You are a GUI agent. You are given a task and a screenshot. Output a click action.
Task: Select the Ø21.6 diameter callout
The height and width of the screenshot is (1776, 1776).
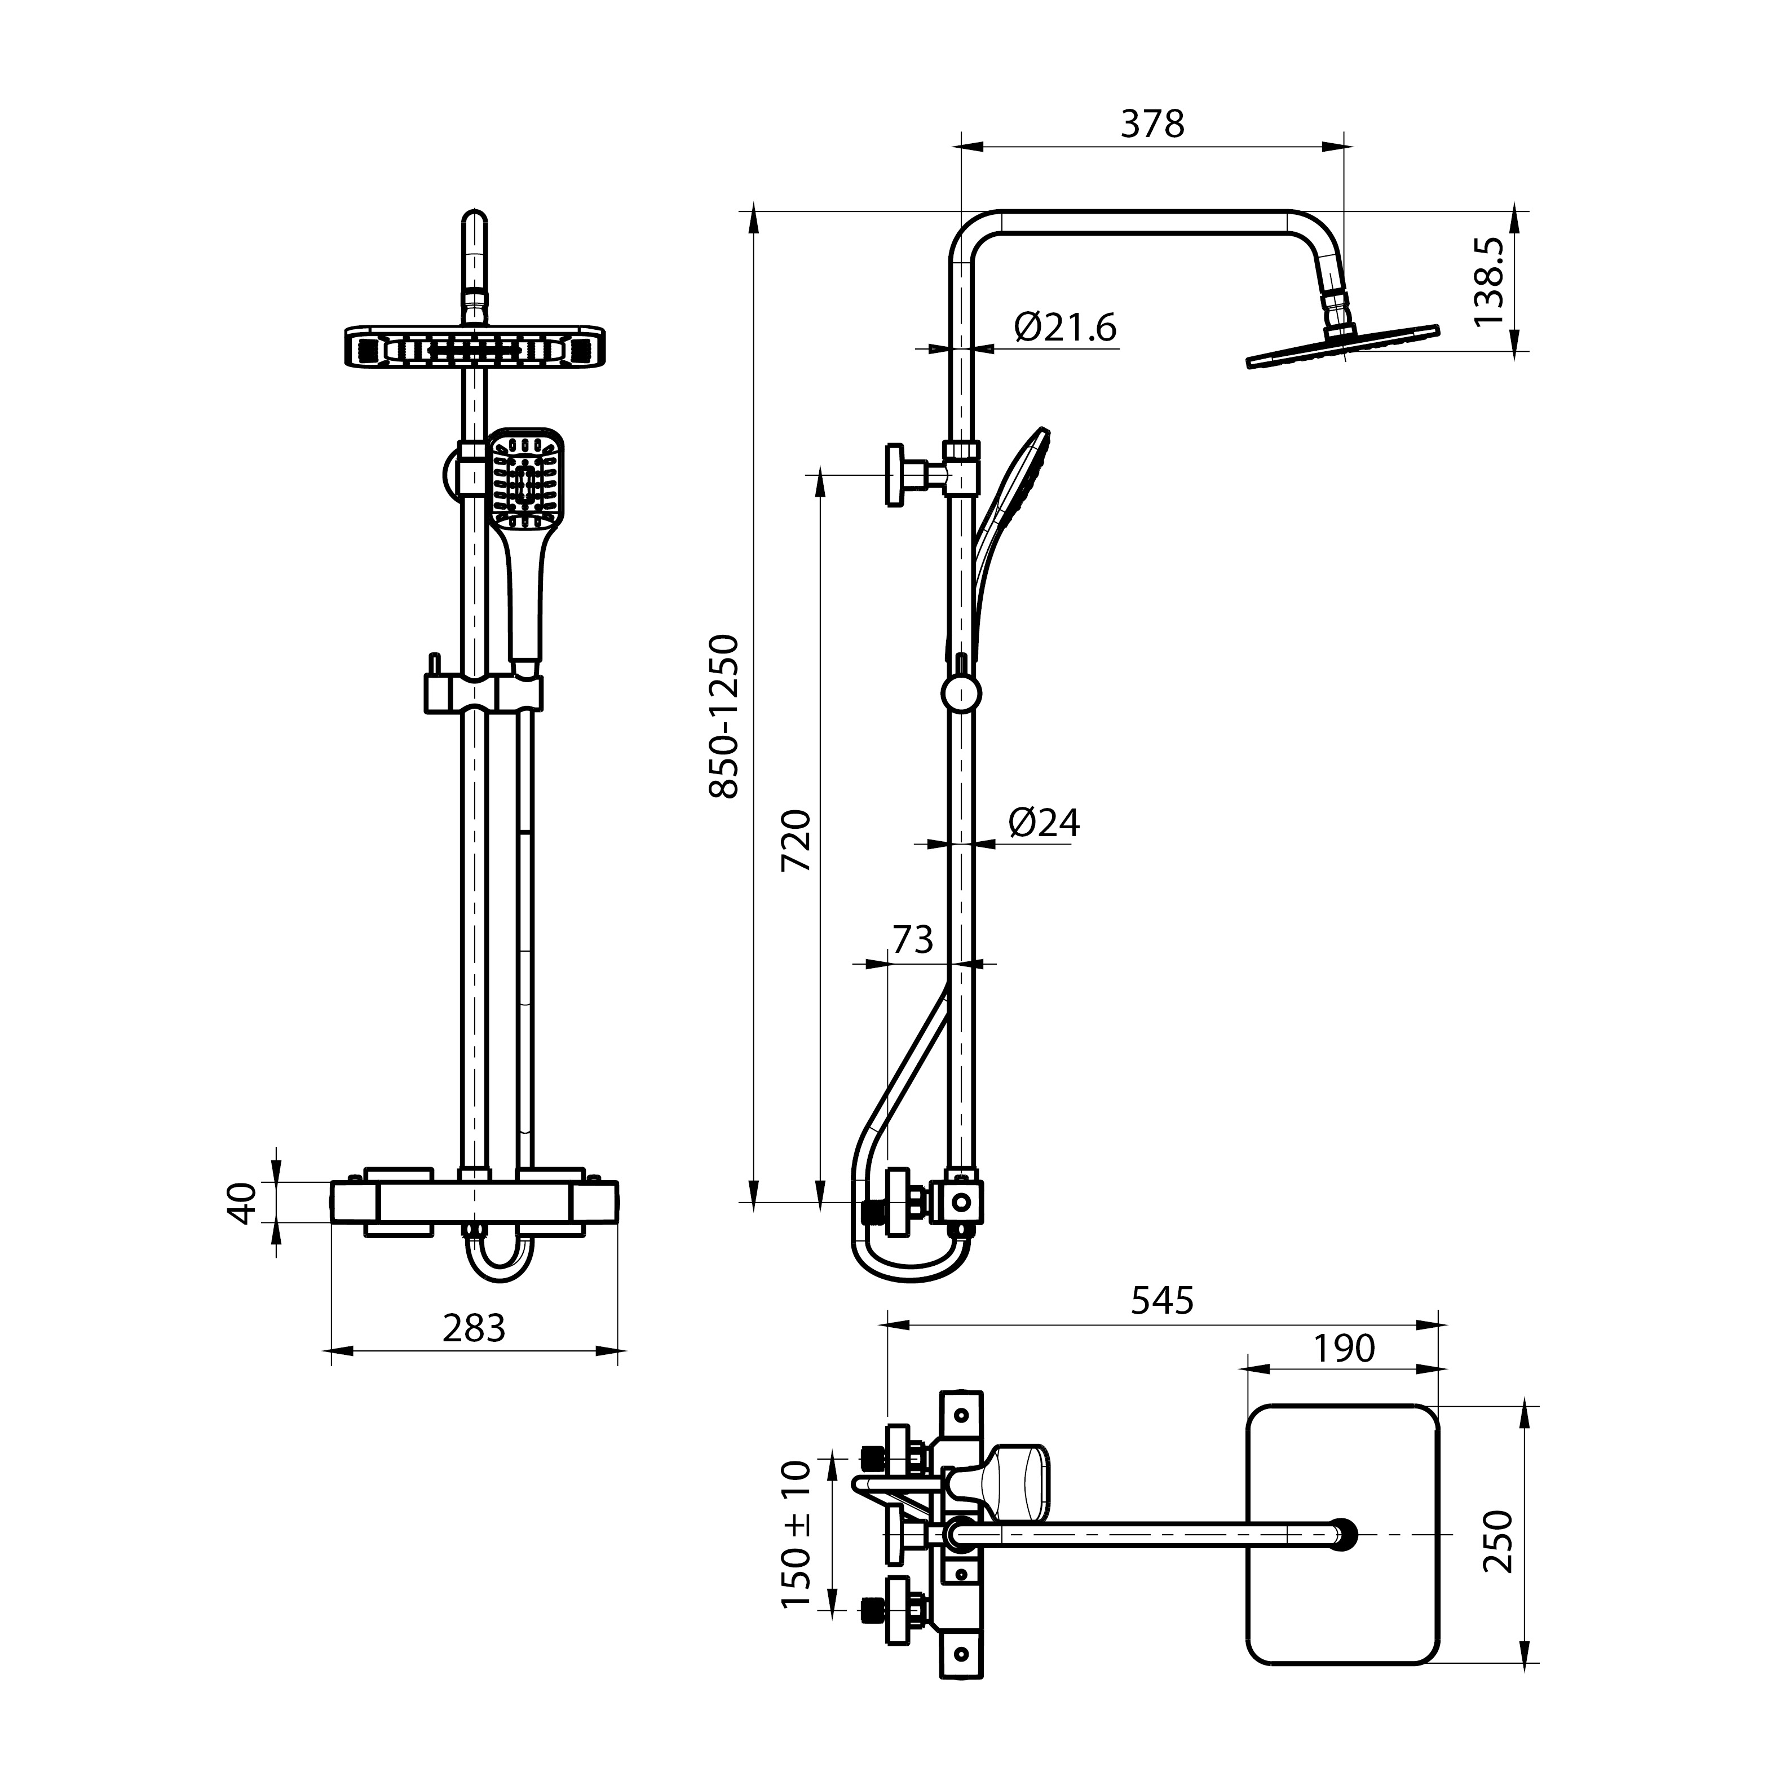[1066, 327]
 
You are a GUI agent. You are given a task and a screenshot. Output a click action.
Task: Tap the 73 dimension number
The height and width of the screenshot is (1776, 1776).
[913, 939]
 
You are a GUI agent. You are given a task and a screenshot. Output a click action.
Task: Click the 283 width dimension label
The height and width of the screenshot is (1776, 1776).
[474, 1327]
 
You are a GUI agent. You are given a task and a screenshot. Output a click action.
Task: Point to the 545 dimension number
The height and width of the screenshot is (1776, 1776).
[1162, 1300]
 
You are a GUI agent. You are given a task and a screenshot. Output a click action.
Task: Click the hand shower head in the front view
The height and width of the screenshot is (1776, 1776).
[524, 478]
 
